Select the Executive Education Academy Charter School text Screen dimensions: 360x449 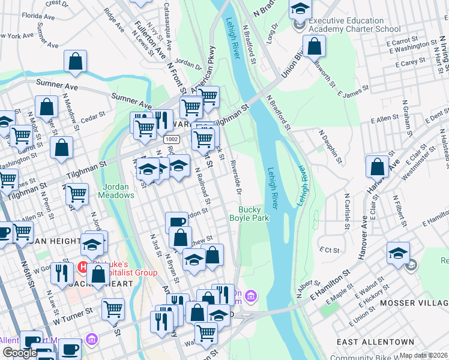[x=354, y=25]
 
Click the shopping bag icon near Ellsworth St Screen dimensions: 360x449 [x=314, y=46]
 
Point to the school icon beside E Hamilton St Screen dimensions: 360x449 [x=398, y=253]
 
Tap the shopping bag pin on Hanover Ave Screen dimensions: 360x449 [x=377, y=167]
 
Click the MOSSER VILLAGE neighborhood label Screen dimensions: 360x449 [x=414, y=304]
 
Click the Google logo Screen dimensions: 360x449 [x=20, y=353]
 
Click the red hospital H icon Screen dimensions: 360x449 [x=84, y=266]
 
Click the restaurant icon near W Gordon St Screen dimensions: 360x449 [x=62, y=273]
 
